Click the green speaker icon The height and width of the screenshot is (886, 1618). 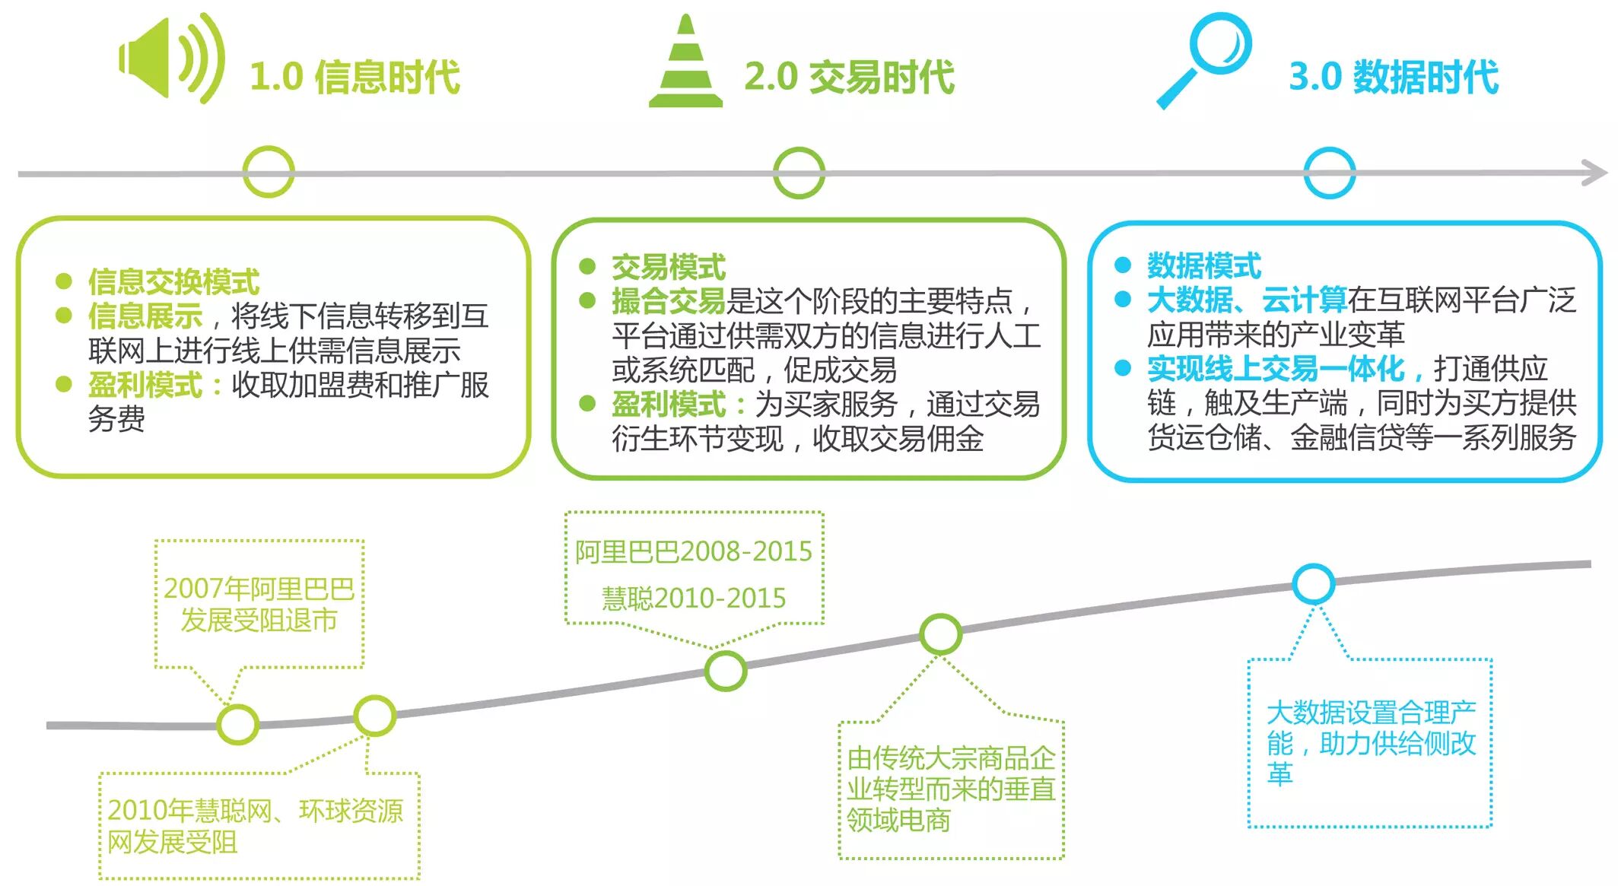coord(171,59)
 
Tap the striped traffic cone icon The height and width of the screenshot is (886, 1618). coord(685,63)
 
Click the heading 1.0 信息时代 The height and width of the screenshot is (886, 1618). coord(354,77)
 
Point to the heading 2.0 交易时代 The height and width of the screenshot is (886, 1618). coord(849,77)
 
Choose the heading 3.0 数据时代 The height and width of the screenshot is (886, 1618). coord(1394,77)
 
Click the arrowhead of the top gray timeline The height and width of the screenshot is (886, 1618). coord(1595,173)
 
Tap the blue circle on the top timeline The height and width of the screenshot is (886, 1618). coord(1329,173)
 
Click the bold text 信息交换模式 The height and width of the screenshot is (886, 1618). coord(173,281)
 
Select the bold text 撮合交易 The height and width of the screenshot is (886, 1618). coord(669,301)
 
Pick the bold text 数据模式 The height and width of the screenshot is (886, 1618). coord(1203,265)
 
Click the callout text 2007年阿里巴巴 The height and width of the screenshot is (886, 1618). coord(259,589)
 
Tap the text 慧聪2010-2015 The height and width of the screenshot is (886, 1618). coord(694,599)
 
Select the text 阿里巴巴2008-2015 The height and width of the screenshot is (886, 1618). coord(694,551)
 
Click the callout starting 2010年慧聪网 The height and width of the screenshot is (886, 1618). coord(255,826)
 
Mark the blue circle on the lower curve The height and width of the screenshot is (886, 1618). coord(1313,584)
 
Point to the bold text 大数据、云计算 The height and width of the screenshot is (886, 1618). coord(1247,300)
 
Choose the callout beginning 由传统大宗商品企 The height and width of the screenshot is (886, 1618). coord(951,789)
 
